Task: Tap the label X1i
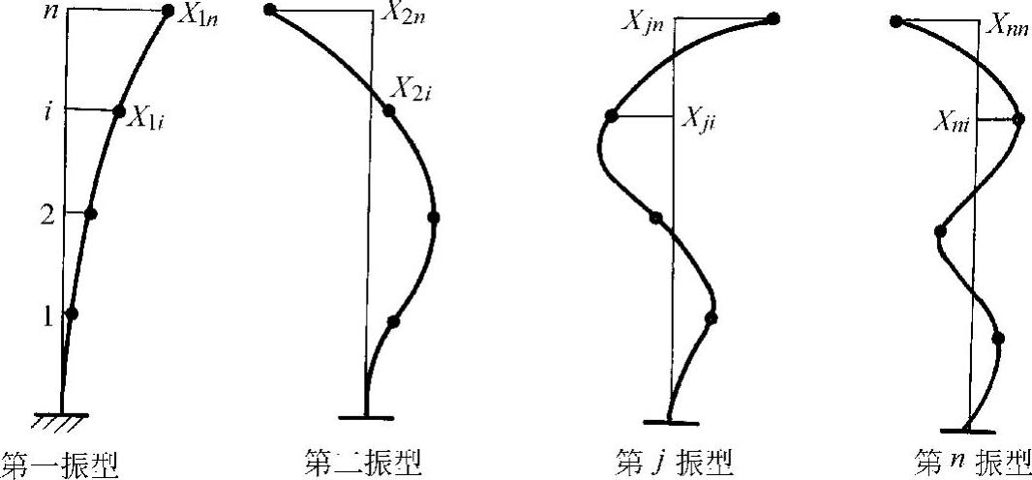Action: pyautogui.click(x=150, y=120)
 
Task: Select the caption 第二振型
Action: pyautogui.click(x=363, y=463)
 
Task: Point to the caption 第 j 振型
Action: pyautogui.click(x=674, y=463)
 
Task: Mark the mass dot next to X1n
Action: pyautogui.click(x=167, y=12)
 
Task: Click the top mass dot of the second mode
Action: pyautogui.click(x=270, y=11)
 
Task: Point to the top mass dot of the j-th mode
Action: pyautogui.click(x=773, y=18)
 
